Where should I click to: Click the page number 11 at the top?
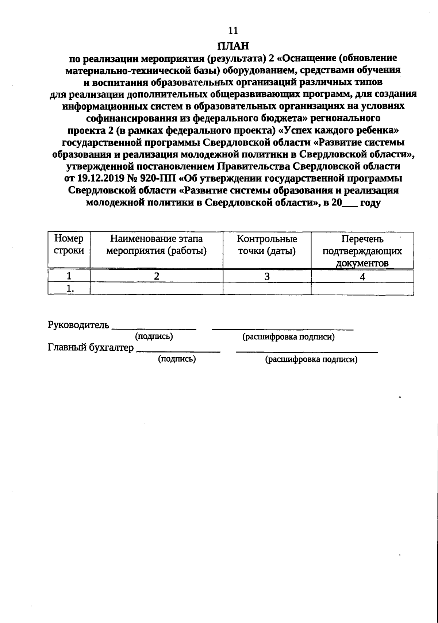click(x=233, y=30)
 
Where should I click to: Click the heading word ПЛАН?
click(x=233, y=46)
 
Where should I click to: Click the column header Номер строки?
click(x=69, y=245)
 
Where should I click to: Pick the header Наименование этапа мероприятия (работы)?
click(x=156, y=245)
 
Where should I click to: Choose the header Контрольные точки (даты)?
click(x=267, y=245)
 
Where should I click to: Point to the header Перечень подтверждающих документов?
click(x=362, y=251)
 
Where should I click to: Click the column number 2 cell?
click(x=156, y=276)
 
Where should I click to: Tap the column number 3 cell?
click(x=267, y=276)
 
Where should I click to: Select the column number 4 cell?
click(x=362, y=277)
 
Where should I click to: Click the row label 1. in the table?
click(x=69, y=289)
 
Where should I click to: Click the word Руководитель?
click(x=78, y=324)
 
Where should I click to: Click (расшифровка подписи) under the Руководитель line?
click(x=288, y=337)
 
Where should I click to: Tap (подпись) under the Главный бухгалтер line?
click(x=177, y=359)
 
